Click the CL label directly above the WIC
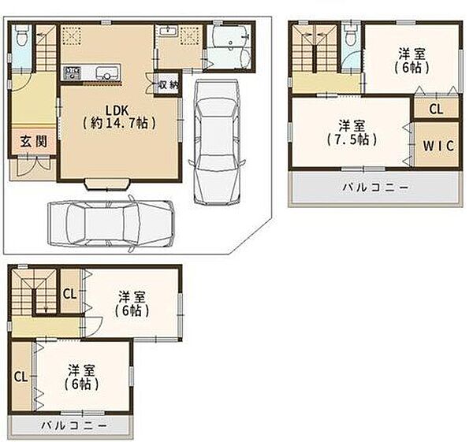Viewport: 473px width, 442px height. pos(436,109)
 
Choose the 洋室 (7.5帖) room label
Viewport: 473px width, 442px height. pos(352,132)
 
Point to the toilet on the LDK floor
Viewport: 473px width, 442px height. pos(22,35)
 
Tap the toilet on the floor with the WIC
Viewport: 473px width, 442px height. pos(350,35)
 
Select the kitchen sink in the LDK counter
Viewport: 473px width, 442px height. pos(106,72)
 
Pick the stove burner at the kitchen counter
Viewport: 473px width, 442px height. pos(73,72)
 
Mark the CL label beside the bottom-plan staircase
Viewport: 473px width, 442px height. pos(69,295)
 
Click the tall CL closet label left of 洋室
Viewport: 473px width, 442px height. pos(20,377)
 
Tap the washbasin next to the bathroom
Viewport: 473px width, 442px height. pos(167,32)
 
